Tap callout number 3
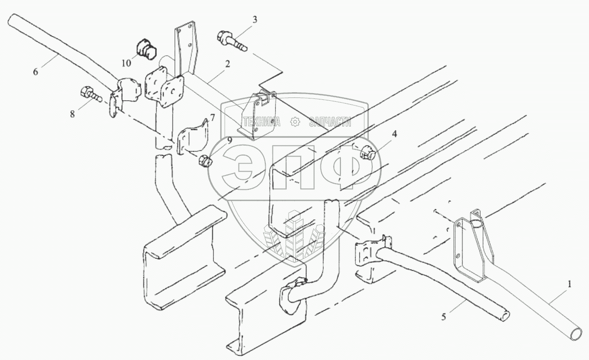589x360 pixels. click(x=255, y=20)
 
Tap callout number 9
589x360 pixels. click(x=229, y=140)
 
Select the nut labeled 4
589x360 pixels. click(x=368, y=154)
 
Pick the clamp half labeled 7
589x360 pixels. click(x=192, y=137)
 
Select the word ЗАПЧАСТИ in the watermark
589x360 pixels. click(x=330, y=122)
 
